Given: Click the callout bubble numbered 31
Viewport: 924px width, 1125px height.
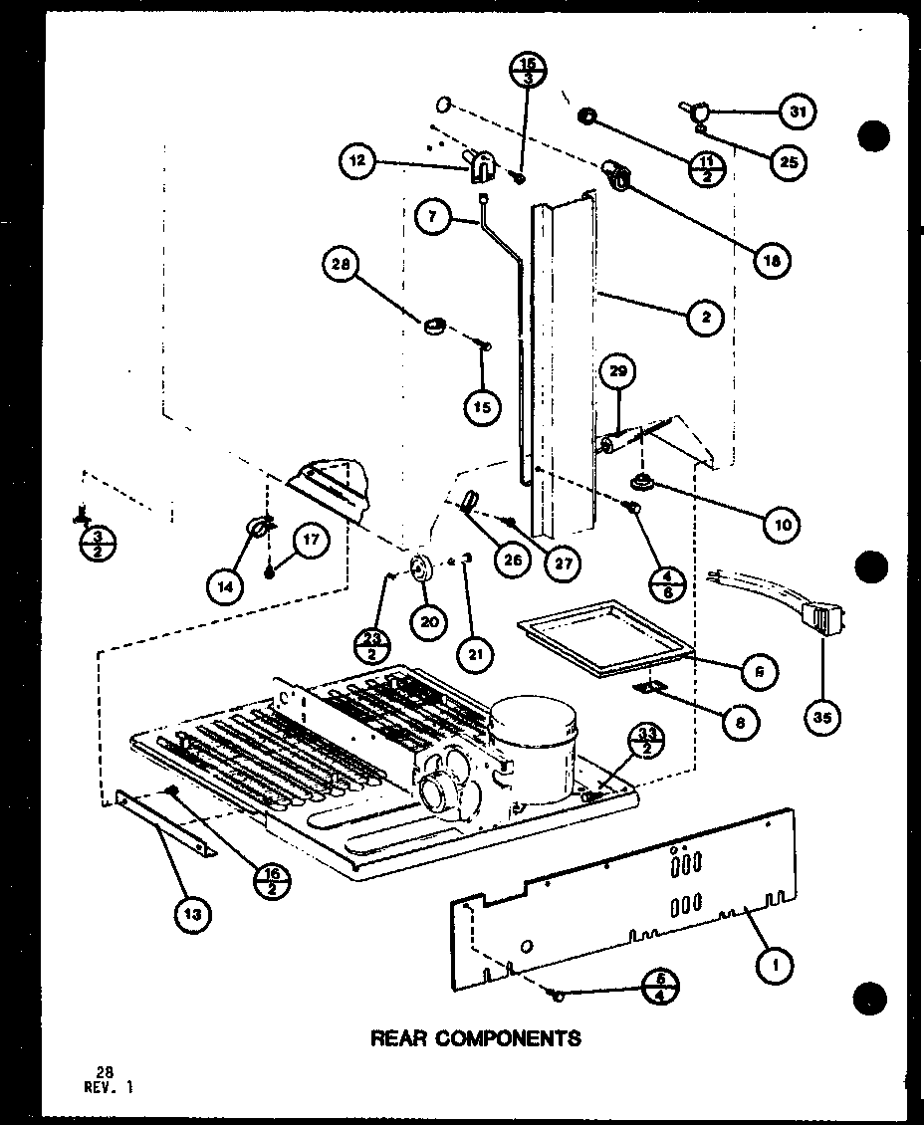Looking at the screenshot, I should click(x=796, y=112).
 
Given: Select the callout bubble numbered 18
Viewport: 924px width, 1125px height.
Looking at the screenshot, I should click(x=774, y=261).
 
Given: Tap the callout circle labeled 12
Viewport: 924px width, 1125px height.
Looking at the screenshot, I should click(x=358, y=160).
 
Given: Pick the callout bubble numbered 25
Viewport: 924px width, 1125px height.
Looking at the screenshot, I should click(x=789, y=161).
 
